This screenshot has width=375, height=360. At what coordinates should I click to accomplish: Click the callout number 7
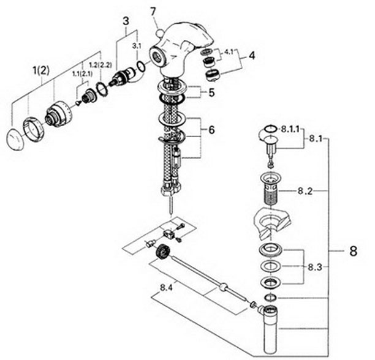(153, 12)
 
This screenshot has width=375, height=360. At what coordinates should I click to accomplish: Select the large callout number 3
(126, 21)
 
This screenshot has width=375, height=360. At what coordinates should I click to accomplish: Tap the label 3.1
(137, 47)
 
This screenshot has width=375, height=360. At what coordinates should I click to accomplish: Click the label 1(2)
(41, 71)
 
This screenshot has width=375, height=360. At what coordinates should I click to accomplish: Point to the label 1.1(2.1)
(82, 74)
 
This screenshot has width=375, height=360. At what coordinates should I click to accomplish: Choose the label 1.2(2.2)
(100, 65)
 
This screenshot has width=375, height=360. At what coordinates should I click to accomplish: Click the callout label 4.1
(229, 52)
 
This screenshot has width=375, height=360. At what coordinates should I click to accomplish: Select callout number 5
(211, 92)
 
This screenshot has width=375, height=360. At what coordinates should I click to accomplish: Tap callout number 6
(212, 130)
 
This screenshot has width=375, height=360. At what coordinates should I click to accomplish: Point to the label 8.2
(305, 191)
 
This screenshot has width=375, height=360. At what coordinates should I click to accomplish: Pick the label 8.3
(315, 268)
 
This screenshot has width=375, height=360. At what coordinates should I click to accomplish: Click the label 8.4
(166, 288)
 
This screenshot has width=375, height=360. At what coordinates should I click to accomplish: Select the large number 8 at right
(353, 251)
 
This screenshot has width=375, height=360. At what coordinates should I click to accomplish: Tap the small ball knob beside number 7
(159, 32)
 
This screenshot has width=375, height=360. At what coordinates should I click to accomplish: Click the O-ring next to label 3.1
(141, 66)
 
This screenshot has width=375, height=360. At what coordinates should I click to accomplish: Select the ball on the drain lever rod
(223, 287)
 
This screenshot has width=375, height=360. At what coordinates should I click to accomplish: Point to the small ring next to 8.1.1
(270, 129)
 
